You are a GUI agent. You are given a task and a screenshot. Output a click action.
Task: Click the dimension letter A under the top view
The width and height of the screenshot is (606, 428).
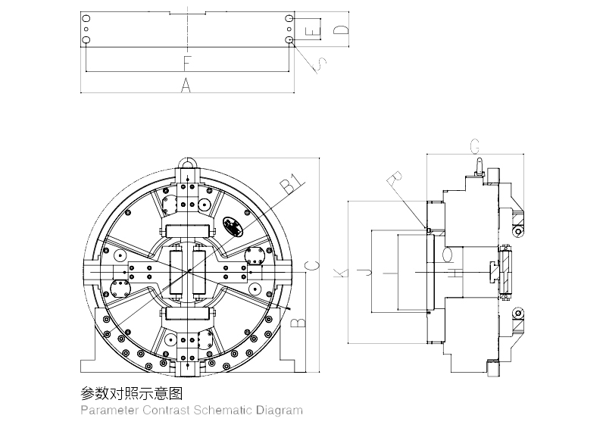pyautogui.click(x=186, y=86)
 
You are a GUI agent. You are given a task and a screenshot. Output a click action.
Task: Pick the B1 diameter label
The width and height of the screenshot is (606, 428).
pyautogui.click(x=292, y=184)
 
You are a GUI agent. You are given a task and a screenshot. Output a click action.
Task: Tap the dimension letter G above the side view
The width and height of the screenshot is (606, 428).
pyautogui.click(x=475, y=145)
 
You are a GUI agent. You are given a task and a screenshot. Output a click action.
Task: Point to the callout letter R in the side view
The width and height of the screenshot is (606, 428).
pyautogui.click(x=394, y=181)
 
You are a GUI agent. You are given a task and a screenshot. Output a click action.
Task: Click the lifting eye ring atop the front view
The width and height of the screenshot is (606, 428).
pyautogui.click(x=187, y=161)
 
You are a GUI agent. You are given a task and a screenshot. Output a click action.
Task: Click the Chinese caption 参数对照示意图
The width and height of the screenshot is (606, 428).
pyautogui.click(x=132, y=394)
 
